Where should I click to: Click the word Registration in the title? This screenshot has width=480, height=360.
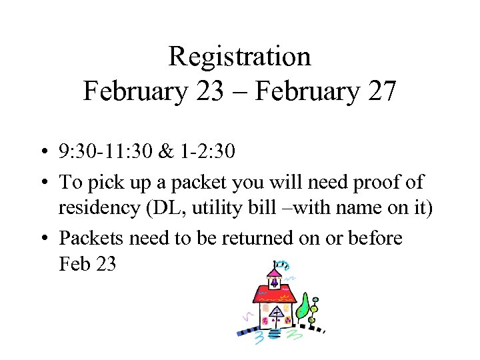(x=239, y=57)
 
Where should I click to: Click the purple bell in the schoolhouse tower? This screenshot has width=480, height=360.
(x=274, y=281)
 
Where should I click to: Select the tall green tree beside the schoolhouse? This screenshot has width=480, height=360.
(x=303, y=306)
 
